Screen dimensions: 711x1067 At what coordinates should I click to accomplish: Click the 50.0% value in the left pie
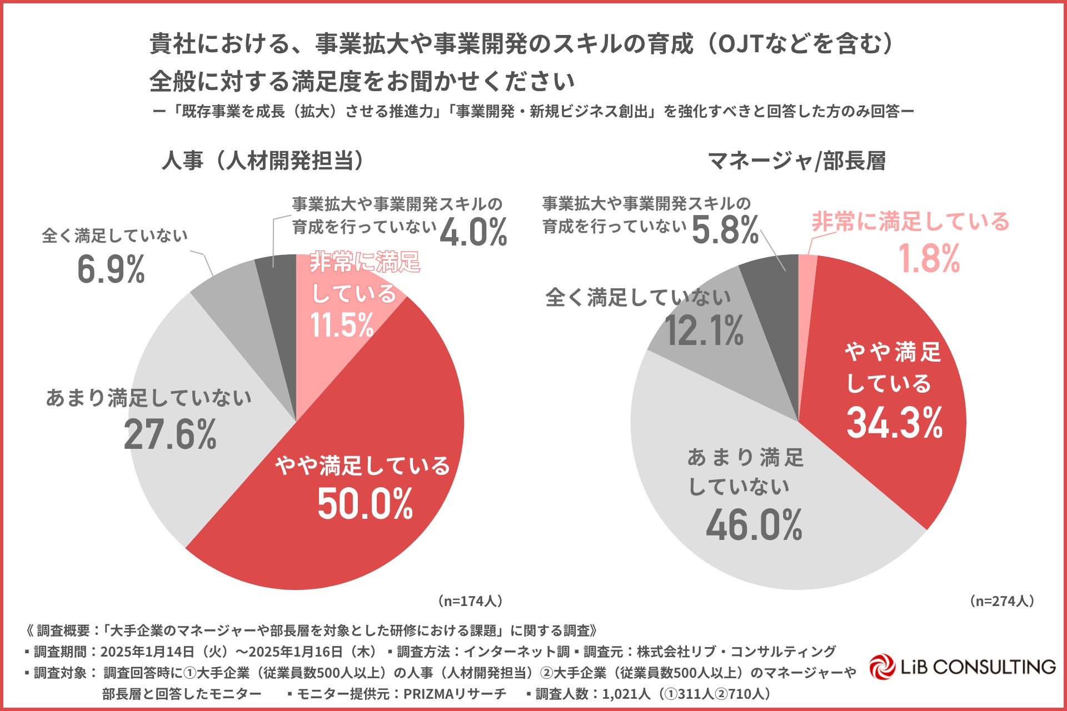click(x=365, y=504)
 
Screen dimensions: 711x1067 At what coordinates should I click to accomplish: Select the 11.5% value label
click(x=342, y=325)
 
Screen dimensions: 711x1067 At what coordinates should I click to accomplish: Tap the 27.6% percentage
click(x=170, y=434)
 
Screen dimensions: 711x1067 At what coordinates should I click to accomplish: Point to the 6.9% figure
click(x=111, y=269)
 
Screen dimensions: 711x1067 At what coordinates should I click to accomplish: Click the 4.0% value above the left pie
click(x=473, y=232)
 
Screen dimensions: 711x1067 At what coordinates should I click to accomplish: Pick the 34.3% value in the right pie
click(x=895, y=423)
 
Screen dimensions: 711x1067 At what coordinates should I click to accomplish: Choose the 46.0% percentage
click(x=754, y=525)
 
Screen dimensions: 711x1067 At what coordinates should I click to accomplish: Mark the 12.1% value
click(x=704, y=331)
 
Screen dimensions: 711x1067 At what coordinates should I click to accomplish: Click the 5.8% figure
click(x=725, y=230)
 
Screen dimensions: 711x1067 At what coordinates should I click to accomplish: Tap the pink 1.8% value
click(x=929, y=259)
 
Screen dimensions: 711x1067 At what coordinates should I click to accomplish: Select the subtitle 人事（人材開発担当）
click(x=263, y=161)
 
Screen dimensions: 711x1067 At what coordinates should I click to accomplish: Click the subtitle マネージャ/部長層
click(x=796, y=161)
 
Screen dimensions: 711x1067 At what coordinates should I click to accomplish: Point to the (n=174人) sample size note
click(x=470, y=601)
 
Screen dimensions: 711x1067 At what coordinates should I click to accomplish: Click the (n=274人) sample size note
click(x=1001, y=601)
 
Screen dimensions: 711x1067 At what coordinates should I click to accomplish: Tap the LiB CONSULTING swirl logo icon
click(x=882, y=667)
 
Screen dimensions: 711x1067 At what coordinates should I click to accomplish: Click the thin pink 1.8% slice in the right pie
click(x=807, y=289)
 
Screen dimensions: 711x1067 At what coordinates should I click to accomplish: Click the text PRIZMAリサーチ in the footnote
click(x=455, y=694)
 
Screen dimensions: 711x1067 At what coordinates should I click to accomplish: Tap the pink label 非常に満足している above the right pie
click(x=910, y=222)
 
